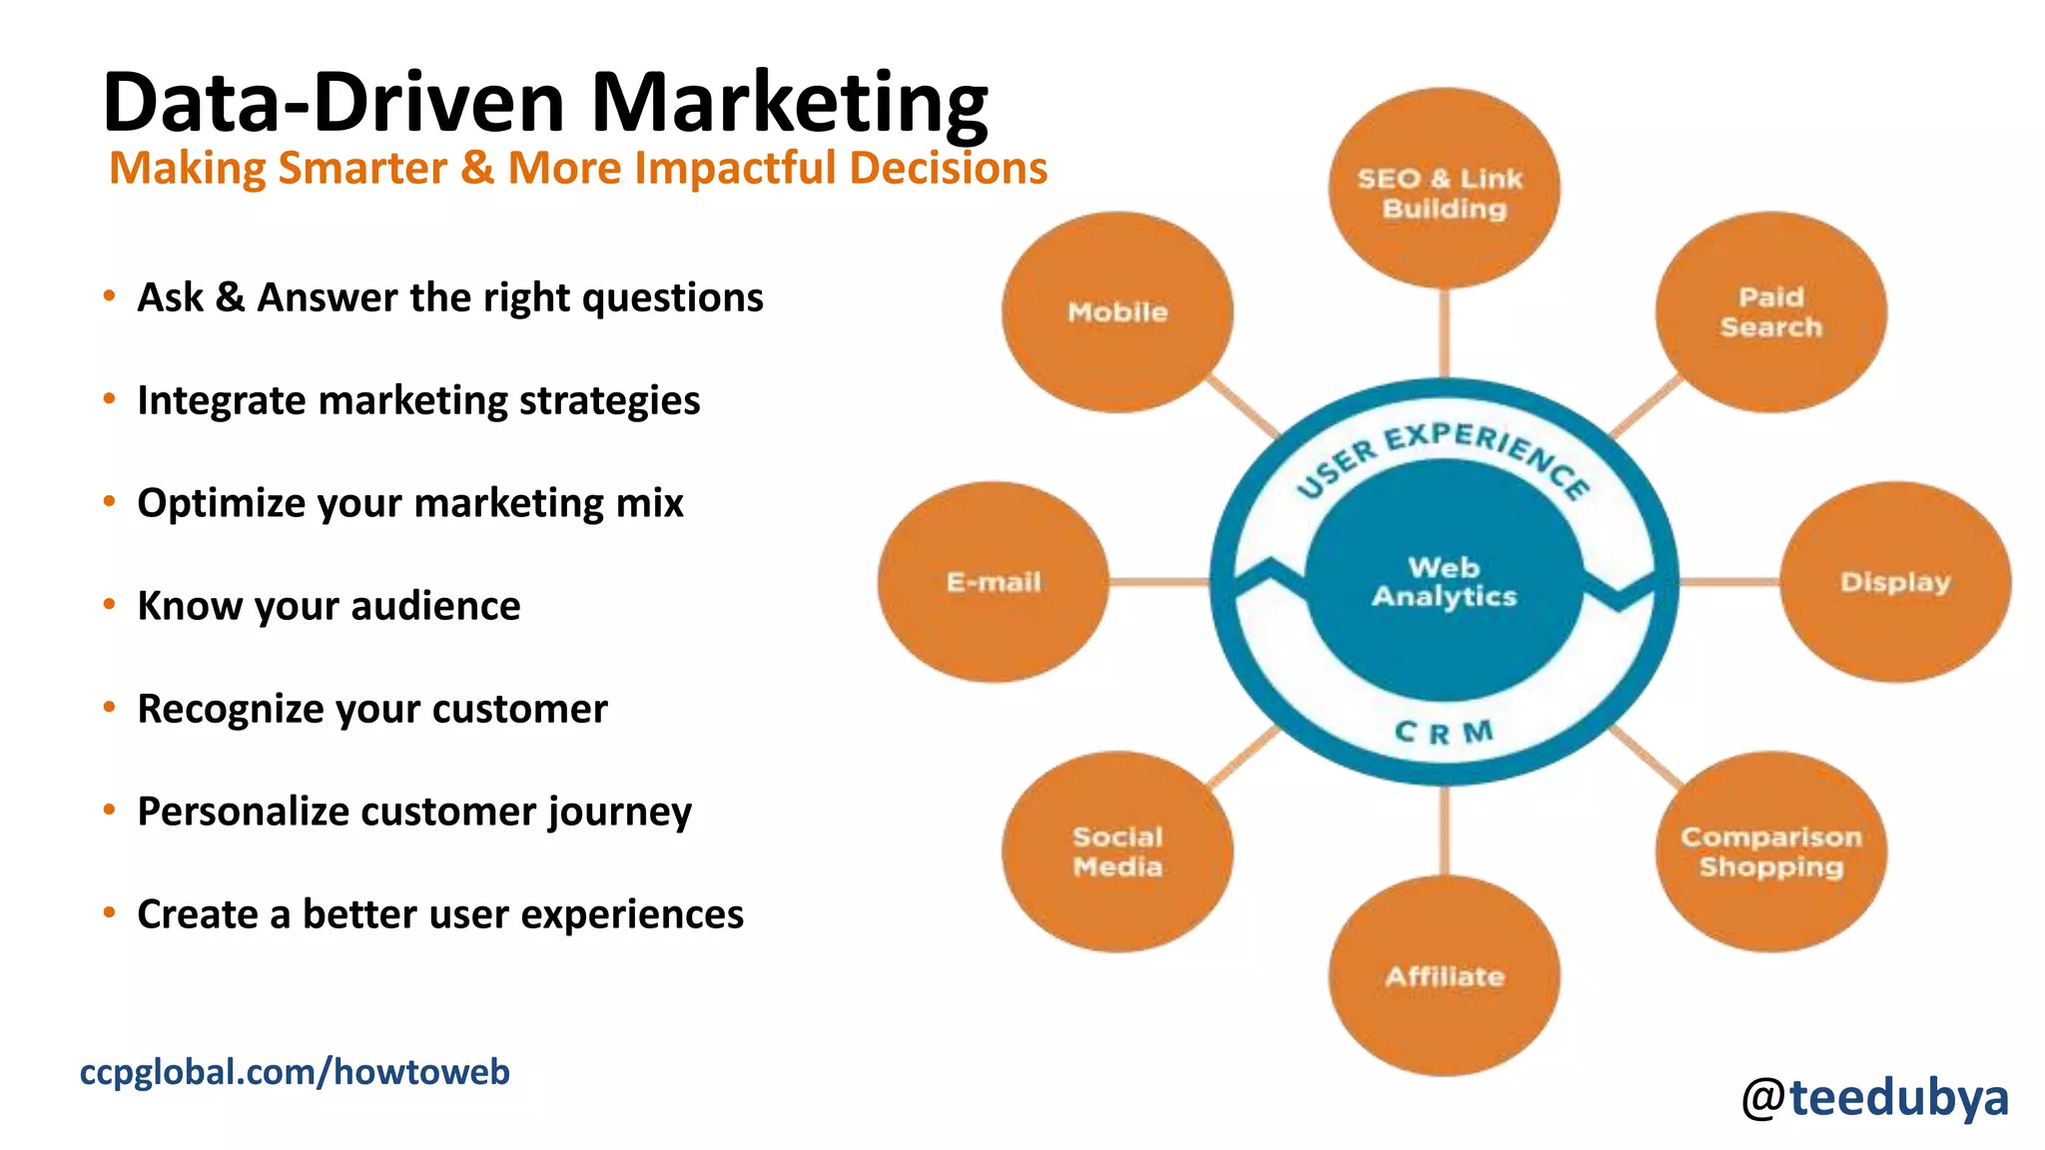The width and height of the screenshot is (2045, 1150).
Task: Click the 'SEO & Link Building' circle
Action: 1444,190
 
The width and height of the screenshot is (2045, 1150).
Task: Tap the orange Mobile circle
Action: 1117,312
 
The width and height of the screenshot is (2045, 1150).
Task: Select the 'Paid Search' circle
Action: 1770,312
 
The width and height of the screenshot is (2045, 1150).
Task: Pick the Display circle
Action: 1895,582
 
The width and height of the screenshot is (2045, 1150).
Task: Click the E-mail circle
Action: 994,582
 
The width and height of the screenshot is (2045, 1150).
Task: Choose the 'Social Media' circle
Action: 1117,852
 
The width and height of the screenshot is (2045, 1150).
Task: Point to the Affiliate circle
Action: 1444,975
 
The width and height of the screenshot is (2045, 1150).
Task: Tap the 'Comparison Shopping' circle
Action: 1770,852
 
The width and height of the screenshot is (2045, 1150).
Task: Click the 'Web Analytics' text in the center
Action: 1444,582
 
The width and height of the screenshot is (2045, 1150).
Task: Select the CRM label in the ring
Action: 1444,733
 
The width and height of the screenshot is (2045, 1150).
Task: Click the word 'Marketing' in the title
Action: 789,103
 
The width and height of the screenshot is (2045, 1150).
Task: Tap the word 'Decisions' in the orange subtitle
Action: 948,168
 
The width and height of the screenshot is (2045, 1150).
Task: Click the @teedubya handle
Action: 1874,1097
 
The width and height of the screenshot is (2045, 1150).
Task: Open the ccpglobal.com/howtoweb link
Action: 295,1072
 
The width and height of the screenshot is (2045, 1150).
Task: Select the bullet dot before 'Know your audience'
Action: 109,604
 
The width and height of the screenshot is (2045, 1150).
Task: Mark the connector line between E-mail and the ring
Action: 1158,582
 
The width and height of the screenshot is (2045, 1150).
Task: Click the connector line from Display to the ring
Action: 1728,582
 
